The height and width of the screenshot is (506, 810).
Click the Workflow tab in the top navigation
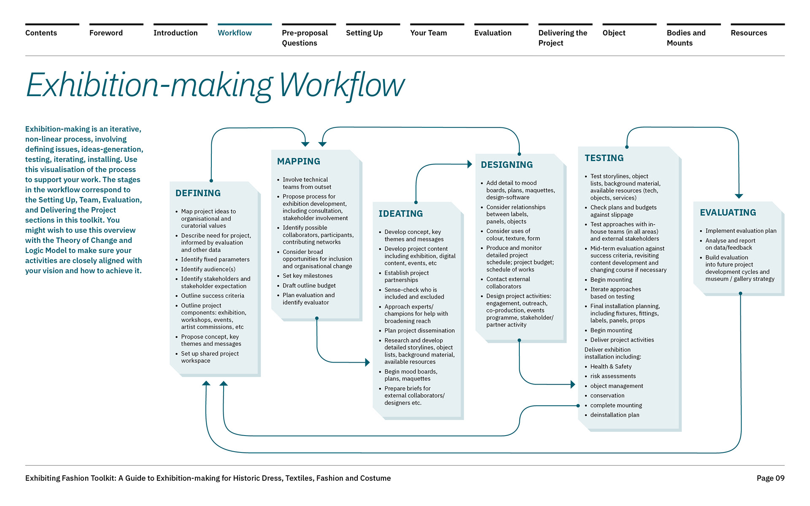pyautogui.click(x=235, y=33)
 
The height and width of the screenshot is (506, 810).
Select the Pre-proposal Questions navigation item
pyautogui.click(x=305, y=38)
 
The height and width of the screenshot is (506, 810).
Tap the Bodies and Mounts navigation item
pyautogui.click(x=686, y=38)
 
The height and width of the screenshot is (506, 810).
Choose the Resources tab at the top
pyautogui.click(x=749, y=33)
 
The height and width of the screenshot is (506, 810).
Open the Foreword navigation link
pyautogui.click(x=106, y=33)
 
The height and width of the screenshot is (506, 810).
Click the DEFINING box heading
pyautogui.click(x=198, y=193)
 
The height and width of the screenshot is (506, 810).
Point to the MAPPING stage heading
pyautogui.click(x=298, y=161)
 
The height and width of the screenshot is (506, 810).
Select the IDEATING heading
pyautogui.click(x=400, y=214)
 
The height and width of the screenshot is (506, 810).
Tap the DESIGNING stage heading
pyautogui.click(x=507, y=165)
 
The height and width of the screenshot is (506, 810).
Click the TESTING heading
pyautogui.click(x=604, y=158)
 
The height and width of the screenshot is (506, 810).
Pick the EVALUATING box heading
pyautogui.click(x=728, y=213)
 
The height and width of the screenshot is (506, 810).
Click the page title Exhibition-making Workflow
pyautogui.click(x=215, y=86)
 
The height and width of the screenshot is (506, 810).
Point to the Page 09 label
pyautogui.click(x=770, y=478)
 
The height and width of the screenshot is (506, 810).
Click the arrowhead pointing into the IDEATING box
pyautogui.click(x=367, y=362)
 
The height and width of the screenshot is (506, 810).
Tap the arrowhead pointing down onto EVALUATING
pyautogui.click(x=739, y=196)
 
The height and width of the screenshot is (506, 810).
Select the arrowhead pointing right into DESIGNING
pyautogui.click(x=470, y=164)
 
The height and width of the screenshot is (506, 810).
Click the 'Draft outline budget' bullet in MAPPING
pyautogui.click(x=309, y=285)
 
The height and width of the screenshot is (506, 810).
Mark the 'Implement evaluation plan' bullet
pyautogui.click(x=741, y=231)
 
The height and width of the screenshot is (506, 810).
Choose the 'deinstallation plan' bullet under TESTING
pyautogui.click(x=615, y=415)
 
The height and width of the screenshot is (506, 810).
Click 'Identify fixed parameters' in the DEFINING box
pyautogui.click(x=215, y=259)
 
